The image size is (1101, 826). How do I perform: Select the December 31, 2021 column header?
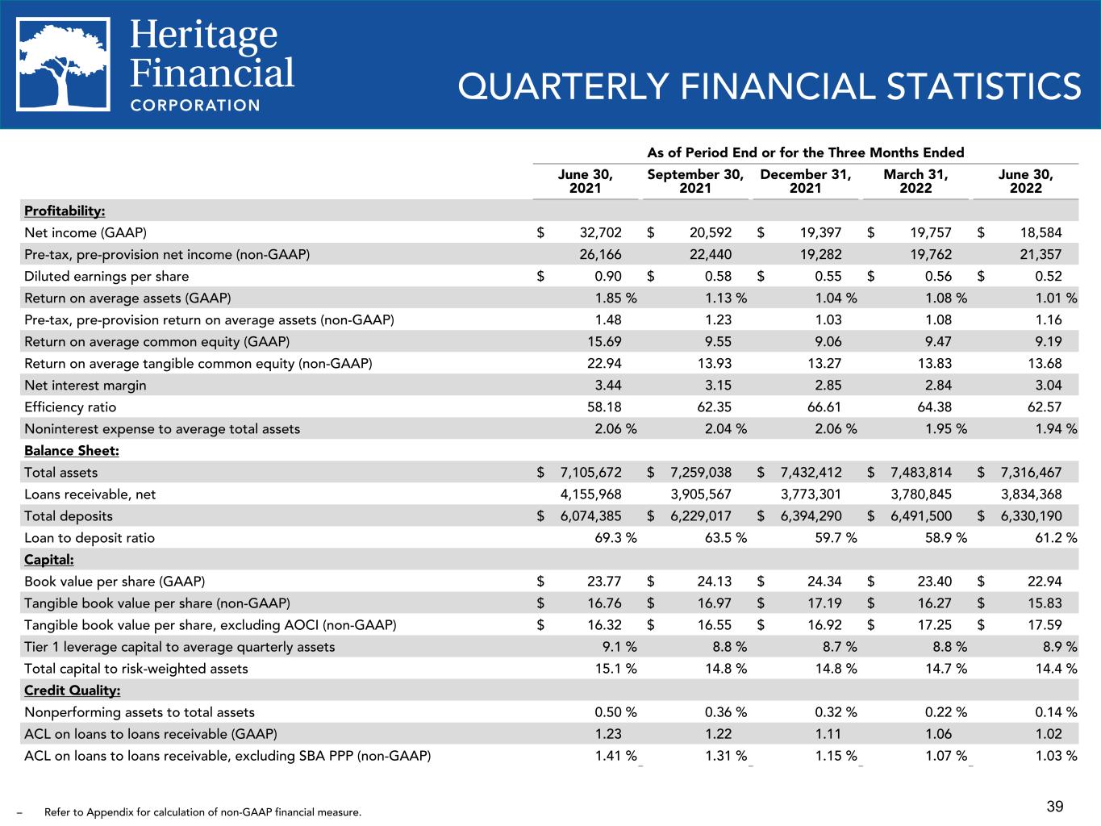pyautogui.click(x=805, y=181)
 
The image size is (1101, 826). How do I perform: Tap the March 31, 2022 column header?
pyautogui.click(x=915, y=181)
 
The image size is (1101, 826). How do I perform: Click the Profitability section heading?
pyautogui.click(x=65, y=211)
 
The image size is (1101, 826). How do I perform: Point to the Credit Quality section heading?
pyautogui.click(x=73, y=690)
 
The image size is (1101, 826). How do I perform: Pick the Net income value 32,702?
pyautogui.click(x=601, y=233)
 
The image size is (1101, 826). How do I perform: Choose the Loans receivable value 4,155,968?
pyautogui.click(x=591, y=494)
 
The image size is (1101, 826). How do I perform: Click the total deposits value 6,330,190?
pyautogui.click(x=1027, y=516)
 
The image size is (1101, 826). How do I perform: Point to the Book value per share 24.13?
pyautogui.click(x=711, y=582)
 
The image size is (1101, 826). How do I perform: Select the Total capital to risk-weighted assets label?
pyautogui.click(x=136, y=669)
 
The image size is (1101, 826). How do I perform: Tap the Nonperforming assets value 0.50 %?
pyautogui.click(x=615, y=712)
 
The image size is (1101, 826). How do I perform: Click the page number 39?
pyautogui.click(x=1055, y=807)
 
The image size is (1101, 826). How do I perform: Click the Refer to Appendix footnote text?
pyautogui.click(x=202, y=812)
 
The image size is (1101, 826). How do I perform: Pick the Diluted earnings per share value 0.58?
pyautogui.click(x=716, y=277)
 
